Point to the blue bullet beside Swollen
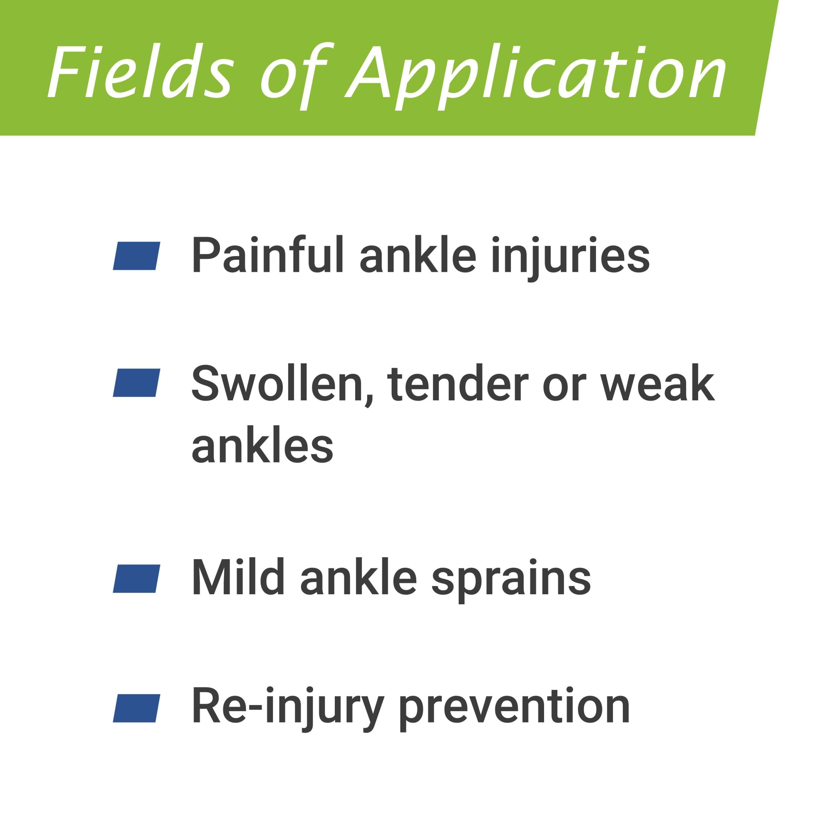137,383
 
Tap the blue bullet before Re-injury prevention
137,708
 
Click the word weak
657,384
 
